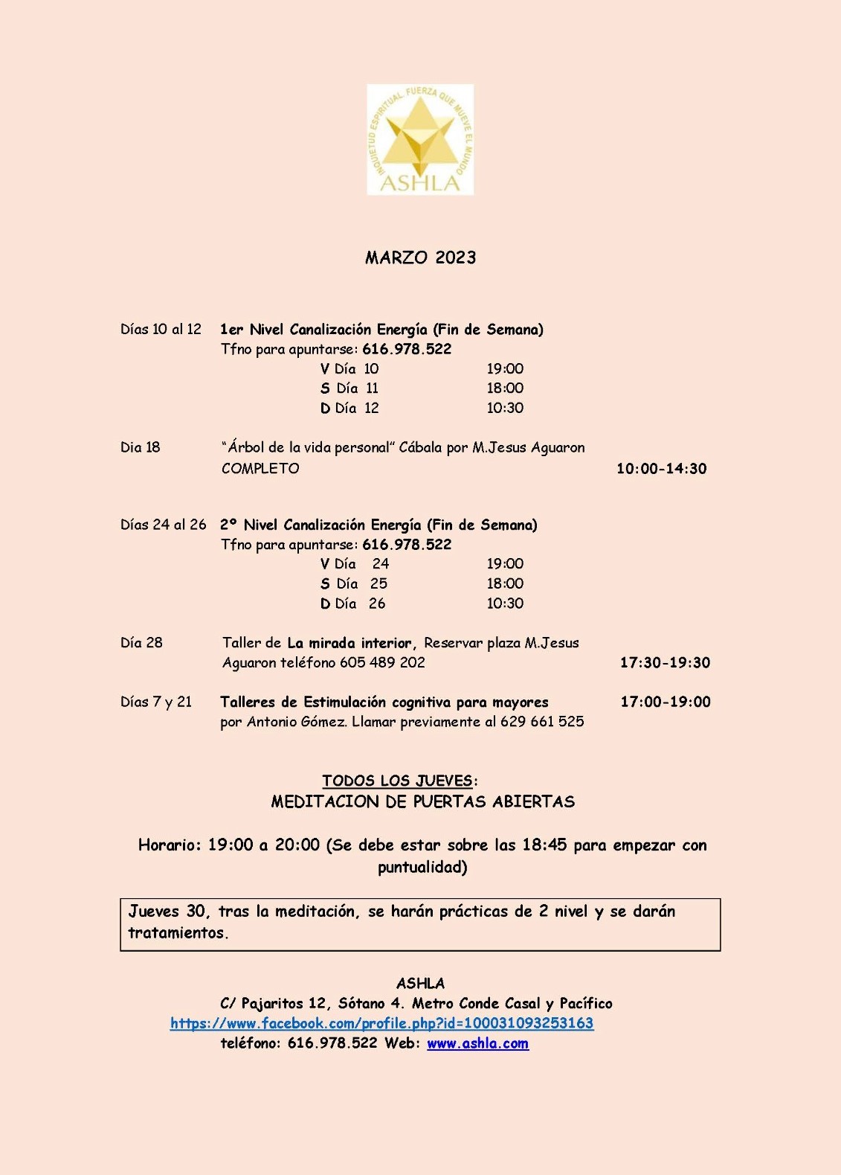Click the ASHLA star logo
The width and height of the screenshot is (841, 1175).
pyautogui.click(x=420, y=140)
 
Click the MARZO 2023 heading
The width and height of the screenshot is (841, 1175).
pyautogui.click(x=420, y=257)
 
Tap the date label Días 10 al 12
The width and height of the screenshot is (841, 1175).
pyautogui.click(x=161, y=329)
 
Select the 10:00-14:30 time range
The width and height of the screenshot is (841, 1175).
pyautogui.click(x=661, y=468)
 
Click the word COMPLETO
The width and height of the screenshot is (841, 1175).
pyautogui.click(x=260, y=468)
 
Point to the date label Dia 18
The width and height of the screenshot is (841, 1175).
pyautogui.click(x=141, y=447)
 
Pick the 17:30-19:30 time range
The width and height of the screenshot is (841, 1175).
pyautogui.click(x=665, y=662)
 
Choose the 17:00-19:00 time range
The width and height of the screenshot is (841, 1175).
pyautogui.click(x=666, y=702)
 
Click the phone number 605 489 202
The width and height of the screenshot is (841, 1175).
pyautogui.click(x=382, y=662)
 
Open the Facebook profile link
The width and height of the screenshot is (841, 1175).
pyautogui.click(x=381, y=1023)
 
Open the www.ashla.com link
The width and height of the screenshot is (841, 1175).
pyautogui.click(x=477, y=1043)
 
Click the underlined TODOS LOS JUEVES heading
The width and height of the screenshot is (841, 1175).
pyautogui.click(x=398, y=781)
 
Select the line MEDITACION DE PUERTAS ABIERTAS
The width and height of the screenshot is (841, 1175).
pyautogui.click(x=422, y=801)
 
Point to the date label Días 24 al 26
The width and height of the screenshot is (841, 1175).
pyautogui.click(x=163, y=525)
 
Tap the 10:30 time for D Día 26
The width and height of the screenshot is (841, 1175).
pyautogui.click(x=505, y=603)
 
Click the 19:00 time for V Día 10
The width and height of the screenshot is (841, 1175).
pyautogui.click(x=505, y=368)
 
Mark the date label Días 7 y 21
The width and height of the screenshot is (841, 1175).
pyautogui.click(x=156, y=702)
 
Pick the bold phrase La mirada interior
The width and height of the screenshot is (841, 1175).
pyautogui.click(x=349, y=643)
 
